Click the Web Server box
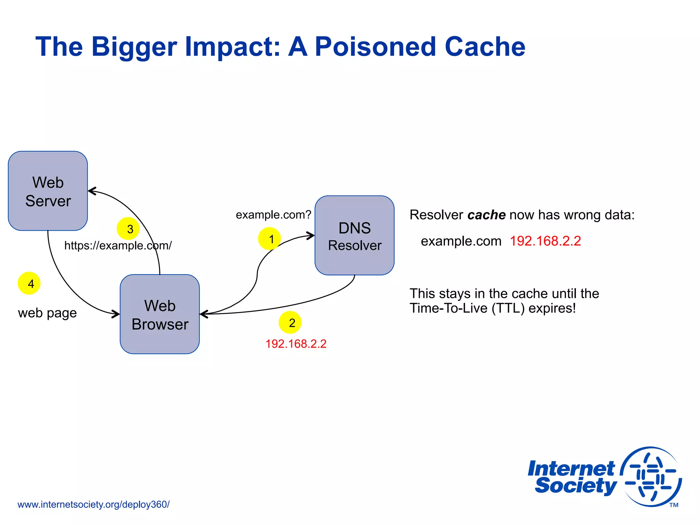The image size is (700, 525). point(48,191)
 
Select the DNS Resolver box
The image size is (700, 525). point(354,235)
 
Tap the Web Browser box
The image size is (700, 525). point(160,314)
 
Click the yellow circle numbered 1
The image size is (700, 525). point(269,239)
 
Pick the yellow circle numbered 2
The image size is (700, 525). point(290,322)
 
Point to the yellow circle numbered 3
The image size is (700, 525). point(128,229)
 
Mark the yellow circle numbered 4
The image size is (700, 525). point(29,283)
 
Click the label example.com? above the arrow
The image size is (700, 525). point(273,215)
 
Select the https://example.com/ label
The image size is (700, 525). point(118,245)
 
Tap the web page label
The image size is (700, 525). point(47,313)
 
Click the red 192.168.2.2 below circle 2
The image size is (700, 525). point(296,344)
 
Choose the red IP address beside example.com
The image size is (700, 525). point(545,241)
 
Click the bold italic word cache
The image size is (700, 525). point(486,215)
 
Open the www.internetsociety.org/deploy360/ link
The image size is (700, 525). point(93,504)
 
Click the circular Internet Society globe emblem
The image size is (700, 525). point(651,476)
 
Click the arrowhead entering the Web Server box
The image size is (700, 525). point(92,191)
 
